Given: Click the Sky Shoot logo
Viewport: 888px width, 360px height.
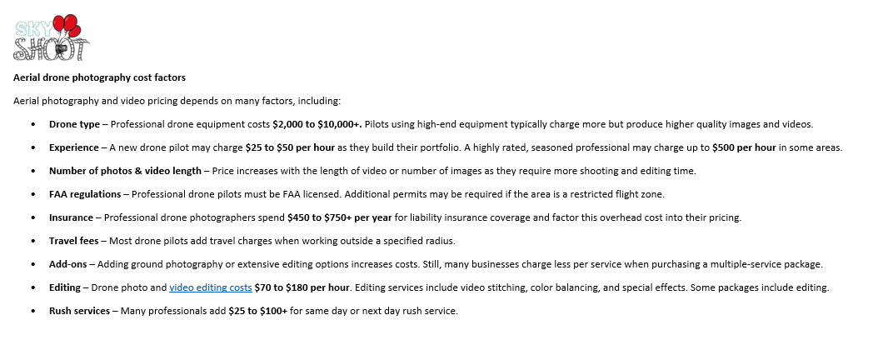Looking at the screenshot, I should tap(52, 37).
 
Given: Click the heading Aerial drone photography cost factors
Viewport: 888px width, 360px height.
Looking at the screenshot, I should tap(99, 77).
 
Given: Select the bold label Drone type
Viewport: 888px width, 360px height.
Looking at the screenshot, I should tap(74, 124).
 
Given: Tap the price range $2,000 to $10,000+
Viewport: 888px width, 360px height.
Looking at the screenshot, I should tap(317, 124).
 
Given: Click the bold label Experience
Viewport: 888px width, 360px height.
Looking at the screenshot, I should tap(74, 147).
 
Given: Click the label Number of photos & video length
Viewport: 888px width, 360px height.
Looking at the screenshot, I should tap(125, 171).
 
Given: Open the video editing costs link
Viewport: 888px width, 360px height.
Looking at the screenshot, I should tap(210, 287).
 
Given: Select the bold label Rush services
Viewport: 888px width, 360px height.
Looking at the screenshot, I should tap(79, 311).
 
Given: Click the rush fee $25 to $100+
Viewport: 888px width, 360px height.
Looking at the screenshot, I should tap(259, 311).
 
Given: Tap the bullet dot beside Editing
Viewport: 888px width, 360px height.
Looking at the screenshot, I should tap(32, 287).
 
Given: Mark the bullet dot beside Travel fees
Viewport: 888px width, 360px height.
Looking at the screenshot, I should tap(32, 241).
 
